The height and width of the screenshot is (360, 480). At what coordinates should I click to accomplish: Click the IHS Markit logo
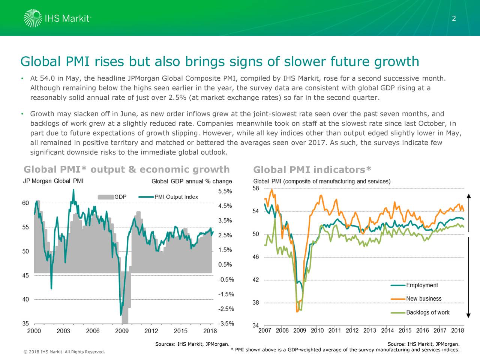(57, 18)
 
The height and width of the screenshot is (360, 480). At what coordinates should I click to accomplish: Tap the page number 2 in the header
(454, 19)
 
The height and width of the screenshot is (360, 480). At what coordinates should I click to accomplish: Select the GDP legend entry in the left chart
(112, 197)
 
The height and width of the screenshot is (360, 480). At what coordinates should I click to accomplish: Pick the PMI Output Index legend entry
(168, 197)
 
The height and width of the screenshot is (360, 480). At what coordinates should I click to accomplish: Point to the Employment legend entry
(414, 285)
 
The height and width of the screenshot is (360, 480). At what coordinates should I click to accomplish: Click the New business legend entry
(416, 299)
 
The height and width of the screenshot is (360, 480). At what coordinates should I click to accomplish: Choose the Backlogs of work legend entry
(420, 312)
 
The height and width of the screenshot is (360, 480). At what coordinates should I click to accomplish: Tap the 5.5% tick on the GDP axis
(225, 191)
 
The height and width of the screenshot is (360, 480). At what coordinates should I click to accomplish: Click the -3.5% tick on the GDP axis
(226, 324)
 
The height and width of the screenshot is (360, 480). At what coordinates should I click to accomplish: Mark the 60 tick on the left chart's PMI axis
(25, 203)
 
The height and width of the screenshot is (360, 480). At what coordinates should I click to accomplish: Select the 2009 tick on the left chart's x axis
(122, 331)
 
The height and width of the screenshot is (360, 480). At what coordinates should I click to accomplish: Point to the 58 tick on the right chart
(255, 188)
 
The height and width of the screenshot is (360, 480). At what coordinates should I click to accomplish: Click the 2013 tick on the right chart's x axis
(370, 331)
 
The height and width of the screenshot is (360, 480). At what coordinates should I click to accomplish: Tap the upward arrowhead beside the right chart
(468, 196)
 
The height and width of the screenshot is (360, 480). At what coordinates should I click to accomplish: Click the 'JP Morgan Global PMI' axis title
(53, 181)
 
